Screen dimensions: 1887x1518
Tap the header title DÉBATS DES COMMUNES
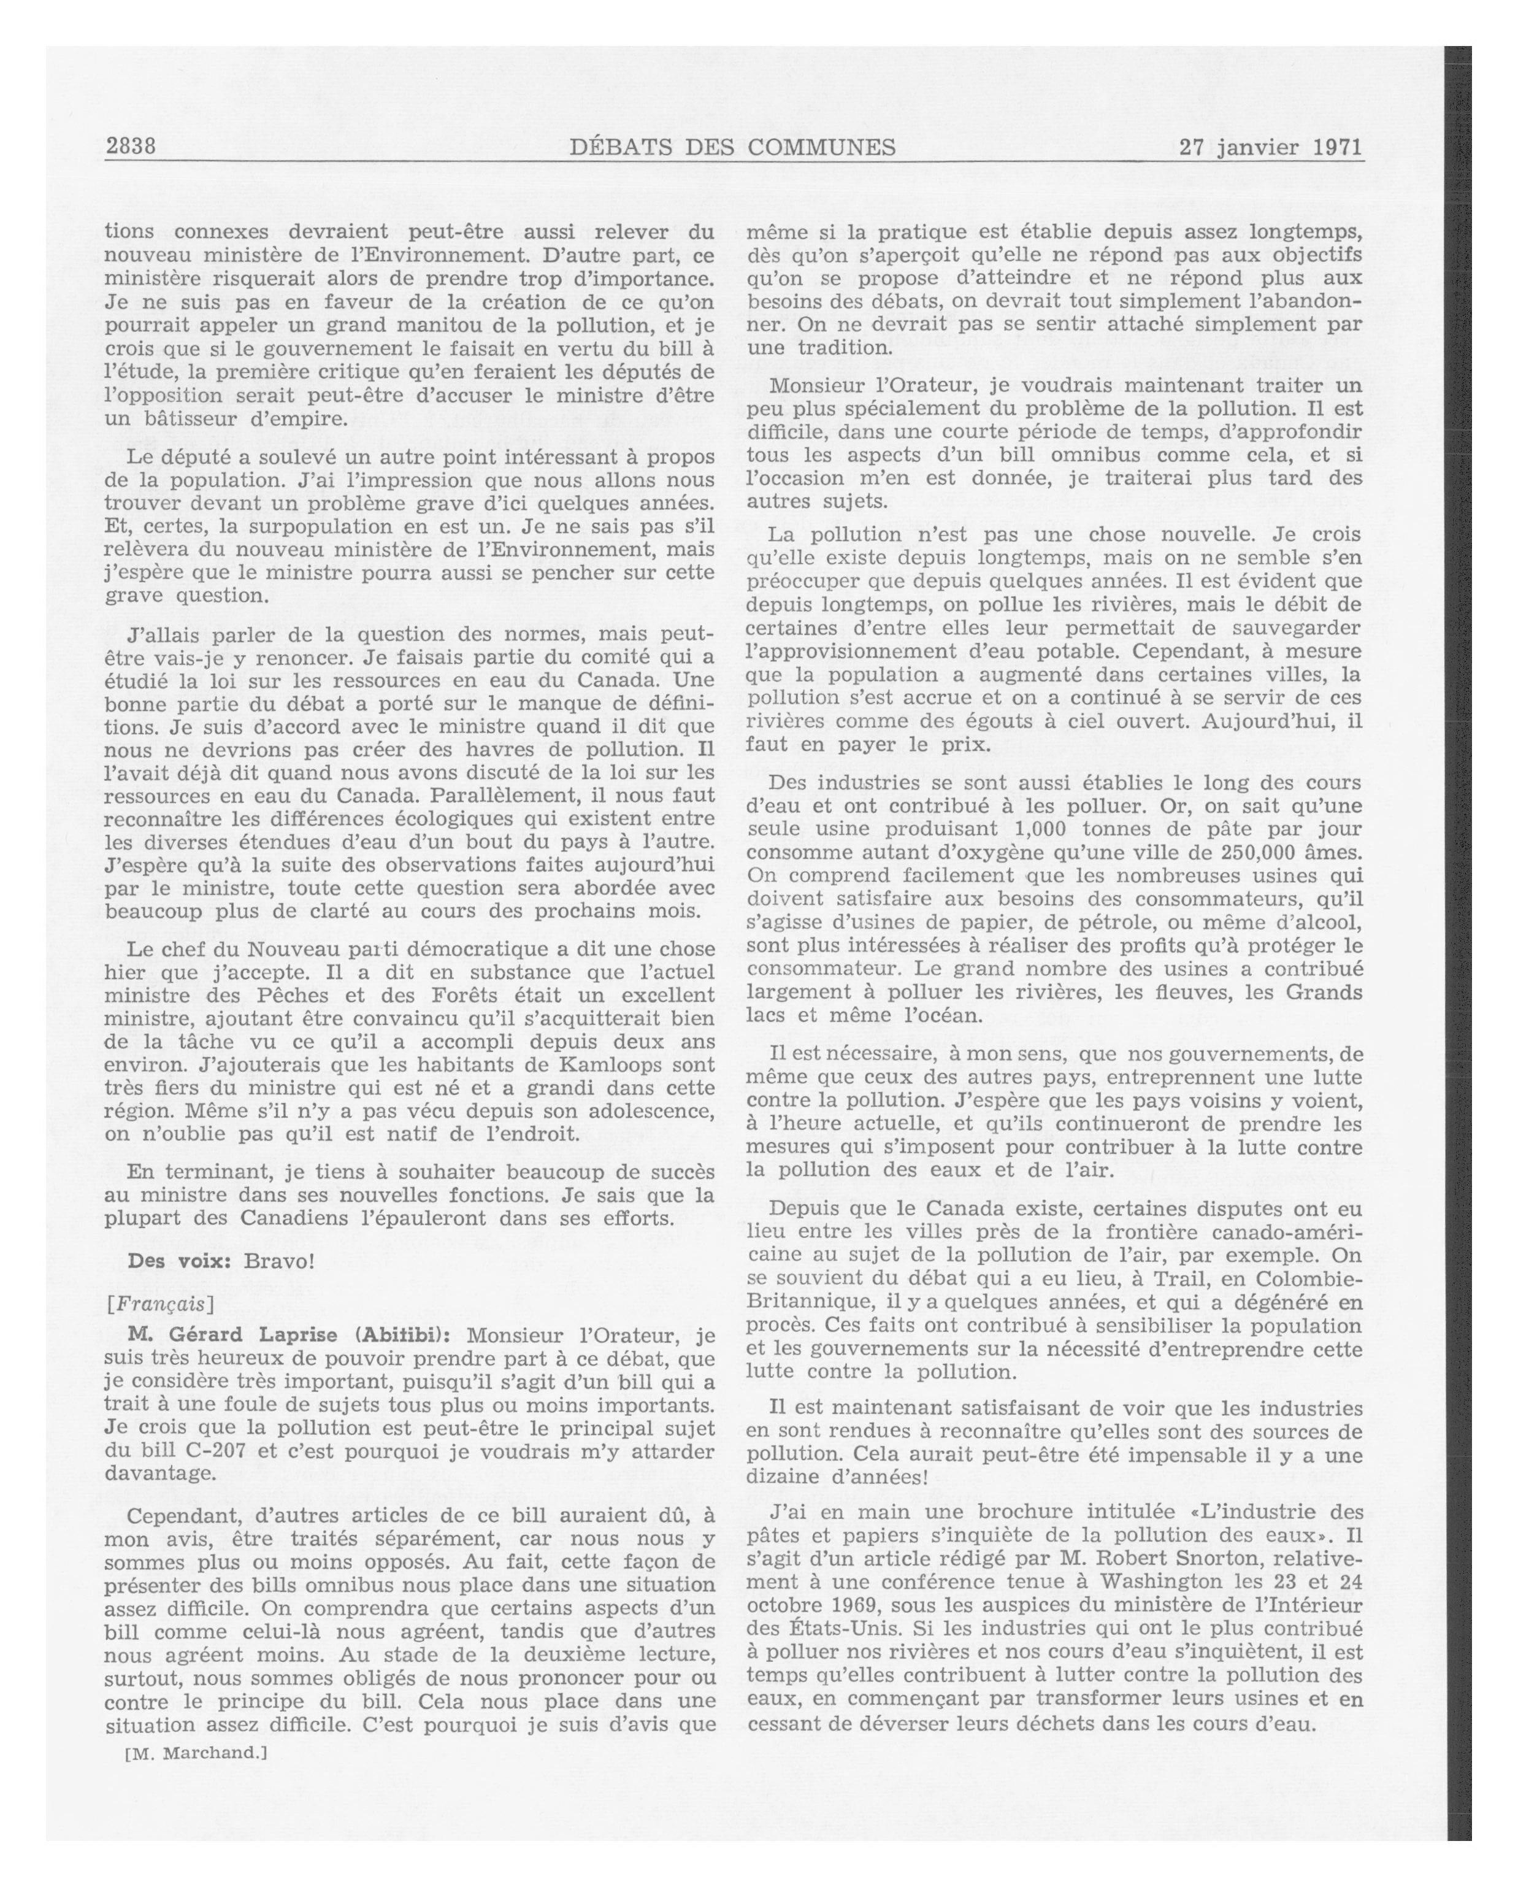(732, 147)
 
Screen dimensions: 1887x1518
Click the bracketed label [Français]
(159, 1303)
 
